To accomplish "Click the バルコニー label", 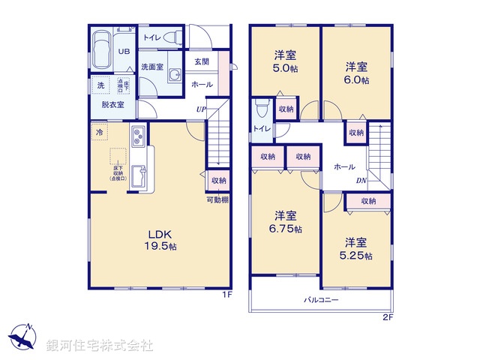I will [322, 300].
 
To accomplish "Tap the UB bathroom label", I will [123, 52].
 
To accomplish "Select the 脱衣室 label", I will [112, 104].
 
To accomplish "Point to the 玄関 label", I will [202, 62].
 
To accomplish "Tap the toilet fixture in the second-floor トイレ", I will [260, 110].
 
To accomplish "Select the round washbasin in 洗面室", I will [175, 75].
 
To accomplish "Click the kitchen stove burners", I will [139, 137].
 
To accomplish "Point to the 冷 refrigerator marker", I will [98, 132].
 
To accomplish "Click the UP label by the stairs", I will [201, 110].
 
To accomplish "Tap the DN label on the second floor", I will [361, 181].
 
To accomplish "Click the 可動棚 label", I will [217, 200].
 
